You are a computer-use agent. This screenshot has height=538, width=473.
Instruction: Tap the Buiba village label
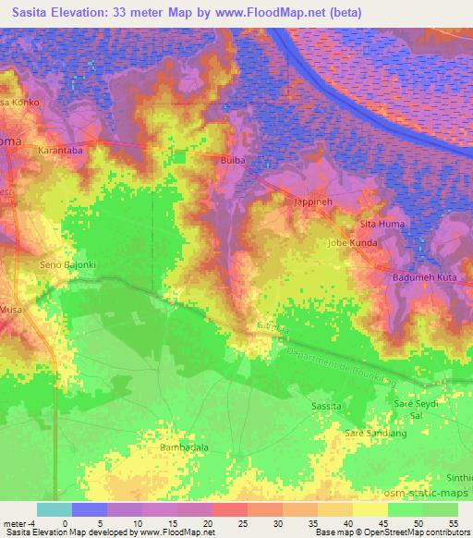coord(233,160)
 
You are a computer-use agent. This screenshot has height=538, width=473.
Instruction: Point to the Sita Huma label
coord(382,224)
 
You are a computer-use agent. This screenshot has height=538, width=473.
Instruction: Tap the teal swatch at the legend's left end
coord(54,509)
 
